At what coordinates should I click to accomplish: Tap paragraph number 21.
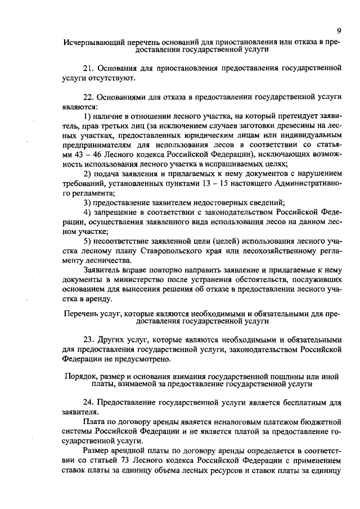click(88, 68)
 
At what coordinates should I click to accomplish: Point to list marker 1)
click(87, 115)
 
